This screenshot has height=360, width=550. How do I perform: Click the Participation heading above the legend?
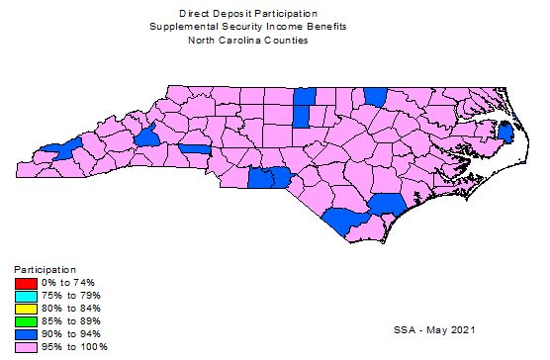click(x=45, y=269)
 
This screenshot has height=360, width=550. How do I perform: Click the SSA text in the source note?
click(x=406, y=327)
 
